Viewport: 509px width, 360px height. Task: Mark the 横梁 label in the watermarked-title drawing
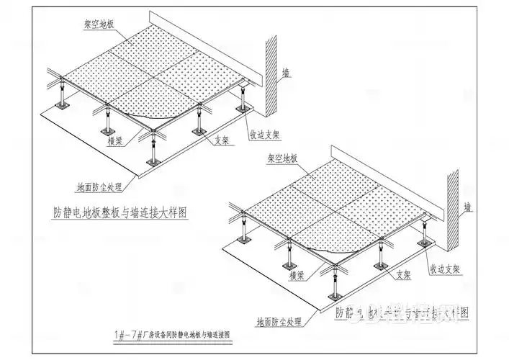click(x=294, y=274)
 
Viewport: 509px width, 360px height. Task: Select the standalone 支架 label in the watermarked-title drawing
click(x=404, y=275)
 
